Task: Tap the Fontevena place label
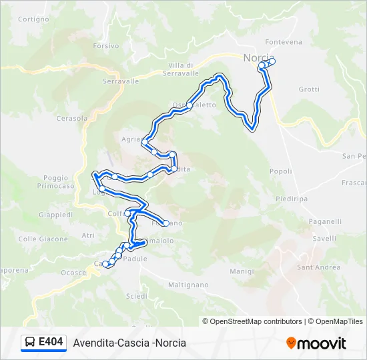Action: (x=284, y=42)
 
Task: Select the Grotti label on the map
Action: (x=309, y=89)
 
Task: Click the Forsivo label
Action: (x=106, y=46)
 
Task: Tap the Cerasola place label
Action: (x=72, y=119)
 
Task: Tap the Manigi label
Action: (x=242, y=271)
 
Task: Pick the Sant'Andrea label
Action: (x=318, y=267)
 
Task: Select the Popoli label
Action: (x=281, y=171)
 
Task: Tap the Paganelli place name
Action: (x=326, y=221)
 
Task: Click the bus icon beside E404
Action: (x=30, y=343)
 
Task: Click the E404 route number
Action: (x=51, y=343)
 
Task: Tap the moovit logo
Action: (x=316, y=343)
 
